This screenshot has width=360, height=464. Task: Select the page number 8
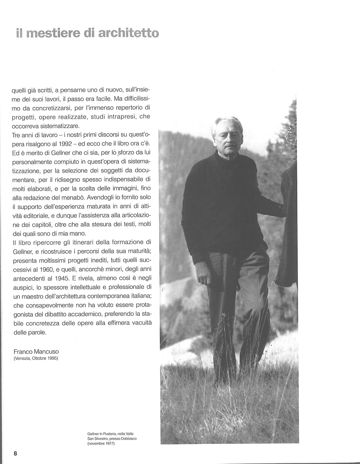(15, 453)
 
